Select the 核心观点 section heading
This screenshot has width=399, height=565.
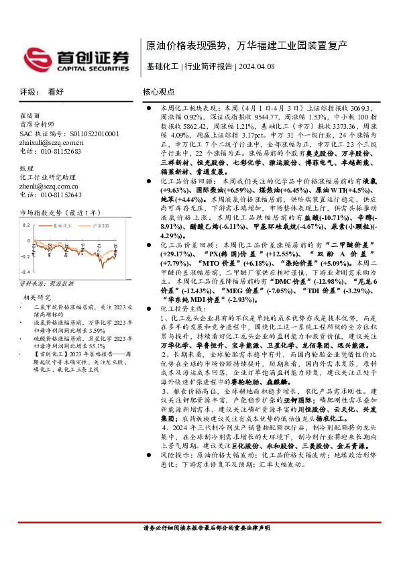click(x=158, y=92)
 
